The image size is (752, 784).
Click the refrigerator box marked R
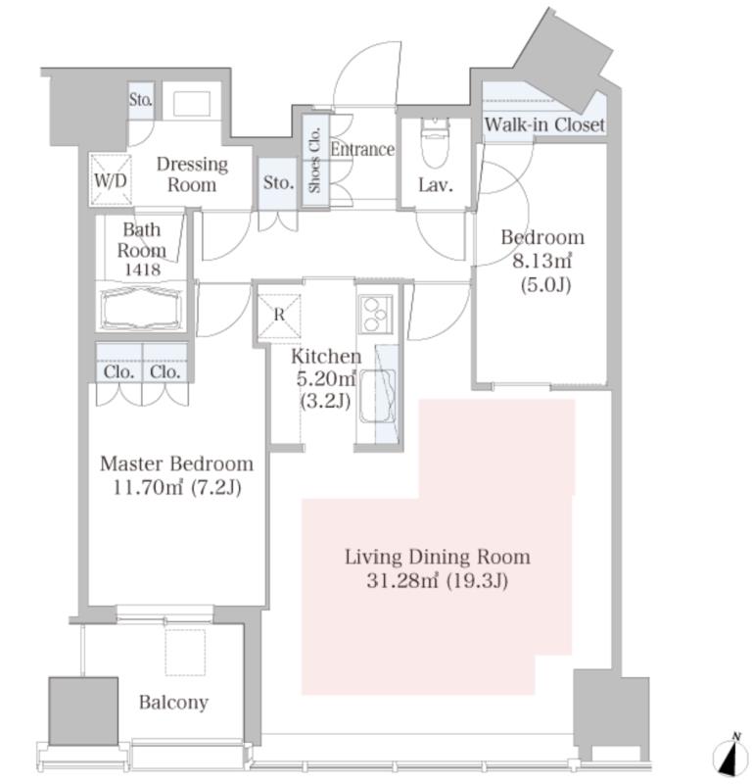(279, 315)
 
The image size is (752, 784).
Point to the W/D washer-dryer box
(111, 180)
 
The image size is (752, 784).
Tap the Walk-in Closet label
(544, 124)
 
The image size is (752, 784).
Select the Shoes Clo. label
(314, 160)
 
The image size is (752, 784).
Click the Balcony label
(173, 703)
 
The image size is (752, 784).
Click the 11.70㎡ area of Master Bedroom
(148, 487)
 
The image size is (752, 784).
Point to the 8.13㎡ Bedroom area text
(542, 261)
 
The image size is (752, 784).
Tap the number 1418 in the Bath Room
(142, 270)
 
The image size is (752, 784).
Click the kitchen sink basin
(378, 396)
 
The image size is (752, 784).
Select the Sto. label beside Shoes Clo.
(278, 182)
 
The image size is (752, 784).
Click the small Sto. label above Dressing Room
(140, 100)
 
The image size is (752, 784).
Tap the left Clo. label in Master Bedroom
(118, 372)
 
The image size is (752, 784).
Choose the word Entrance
(362, 149)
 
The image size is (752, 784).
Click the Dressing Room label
(192, 174)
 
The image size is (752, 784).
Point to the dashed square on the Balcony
(185, 653)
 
